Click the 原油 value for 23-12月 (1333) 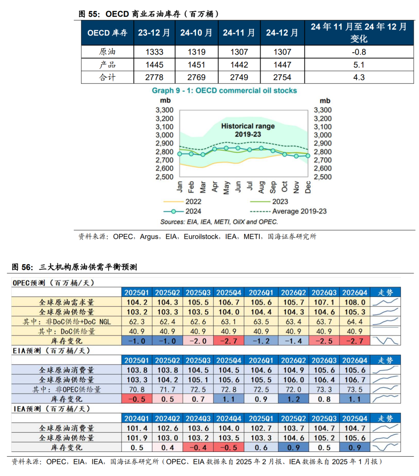tap(154, 52)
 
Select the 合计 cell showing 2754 tap(282, 77)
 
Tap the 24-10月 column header tap(196, 33)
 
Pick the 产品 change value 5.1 tap(358, 64)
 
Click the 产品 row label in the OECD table tap(107, 64)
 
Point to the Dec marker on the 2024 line tap(308, 156)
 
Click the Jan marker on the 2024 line tap(180, 154)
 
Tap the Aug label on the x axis tap(261, 187)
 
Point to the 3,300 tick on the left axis tap(164, 110)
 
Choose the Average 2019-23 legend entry tap(288, 211)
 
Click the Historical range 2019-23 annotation tap(248, 130)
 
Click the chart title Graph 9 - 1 tap(224, 90)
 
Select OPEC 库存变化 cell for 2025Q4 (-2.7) tap(229, 340)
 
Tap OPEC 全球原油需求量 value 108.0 tap(355, 302)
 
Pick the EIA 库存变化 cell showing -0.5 tap(137, 399)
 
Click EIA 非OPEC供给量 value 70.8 tap(137, 389)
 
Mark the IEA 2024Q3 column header tap(198, 419)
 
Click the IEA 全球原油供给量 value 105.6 tap(355, 438)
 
